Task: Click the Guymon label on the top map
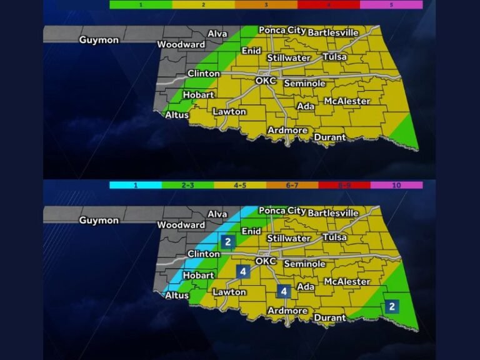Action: point(99,40)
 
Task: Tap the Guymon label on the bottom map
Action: point(99,220)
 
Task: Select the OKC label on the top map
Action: point(266,81)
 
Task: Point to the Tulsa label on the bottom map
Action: point(334,237)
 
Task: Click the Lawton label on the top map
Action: point(229,112)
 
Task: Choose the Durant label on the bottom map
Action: point(329,317)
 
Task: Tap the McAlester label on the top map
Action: point(347,101)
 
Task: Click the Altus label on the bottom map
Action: point(176,296)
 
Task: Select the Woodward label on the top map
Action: point(181,44)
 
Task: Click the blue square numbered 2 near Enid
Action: point(228,241)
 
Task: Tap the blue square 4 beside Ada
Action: point(284,291)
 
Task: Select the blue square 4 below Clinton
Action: point(242,271)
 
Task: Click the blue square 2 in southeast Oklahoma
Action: point(391,306)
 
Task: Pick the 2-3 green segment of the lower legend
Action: point(187,185)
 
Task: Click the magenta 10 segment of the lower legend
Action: point(396,185)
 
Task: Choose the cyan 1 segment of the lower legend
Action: point(135,185)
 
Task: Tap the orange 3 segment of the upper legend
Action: point(266,4)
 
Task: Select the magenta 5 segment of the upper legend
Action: point(391,4)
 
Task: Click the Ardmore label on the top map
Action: point(287,131)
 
